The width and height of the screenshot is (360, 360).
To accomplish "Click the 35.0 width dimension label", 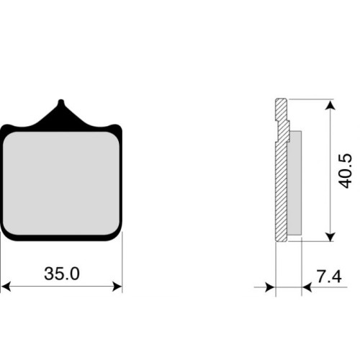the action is [62, 274].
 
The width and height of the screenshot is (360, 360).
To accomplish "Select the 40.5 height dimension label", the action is [345, 171].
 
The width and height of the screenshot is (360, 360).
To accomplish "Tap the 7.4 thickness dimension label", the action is [329, 276].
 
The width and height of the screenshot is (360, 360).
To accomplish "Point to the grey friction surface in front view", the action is [61, 183].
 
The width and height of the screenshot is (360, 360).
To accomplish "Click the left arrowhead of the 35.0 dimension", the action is [6, 287].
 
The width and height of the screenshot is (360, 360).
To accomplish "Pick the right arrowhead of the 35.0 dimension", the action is [117, 287].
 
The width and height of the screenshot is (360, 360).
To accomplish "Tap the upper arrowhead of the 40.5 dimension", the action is [330, 106].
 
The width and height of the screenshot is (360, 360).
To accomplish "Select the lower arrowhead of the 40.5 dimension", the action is [330, 237].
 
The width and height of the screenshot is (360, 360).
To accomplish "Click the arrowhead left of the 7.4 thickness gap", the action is [270, 287].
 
